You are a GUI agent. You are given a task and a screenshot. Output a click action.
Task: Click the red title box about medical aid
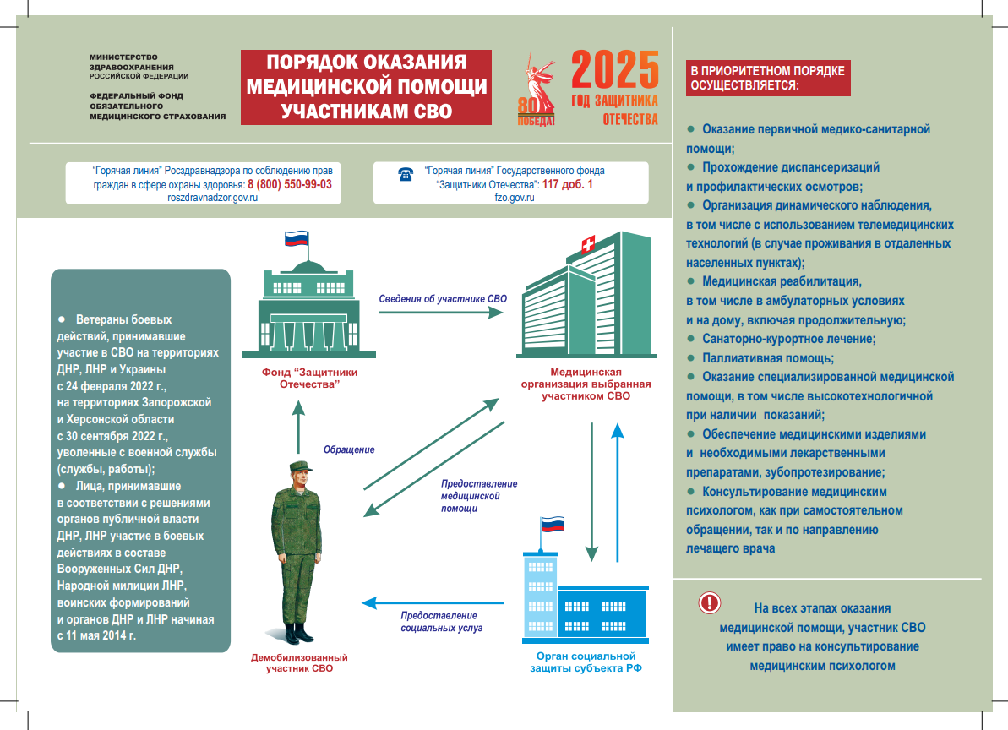366,87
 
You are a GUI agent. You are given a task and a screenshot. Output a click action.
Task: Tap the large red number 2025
615,71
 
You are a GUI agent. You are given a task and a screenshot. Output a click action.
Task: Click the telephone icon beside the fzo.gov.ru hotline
405,174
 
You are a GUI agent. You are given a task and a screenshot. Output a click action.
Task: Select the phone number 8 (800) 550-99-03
289,184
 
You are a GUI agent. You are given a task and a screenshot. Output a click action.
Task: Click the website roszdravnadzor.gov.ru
212,197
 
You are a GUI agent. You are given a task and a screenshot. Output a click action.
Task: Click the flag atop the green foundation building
295,238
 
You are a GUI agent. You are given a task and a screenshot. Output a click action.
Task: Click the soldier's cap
297,467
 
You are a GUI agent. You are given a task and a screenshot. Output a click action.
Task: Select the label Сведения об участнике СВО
443,298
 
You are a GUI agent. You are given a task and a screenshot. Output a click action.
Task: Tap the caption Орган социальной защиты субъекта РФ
586,662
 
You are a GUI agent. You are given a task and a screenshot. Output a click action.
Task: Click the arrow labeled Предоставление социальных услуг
433,603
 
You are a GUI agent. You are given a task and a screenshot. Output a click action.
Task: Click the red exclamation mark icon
710,603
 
